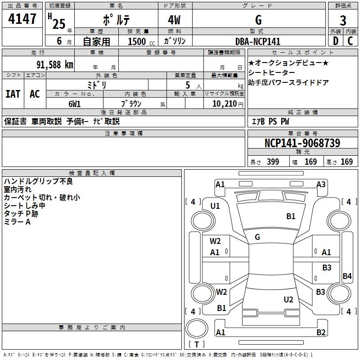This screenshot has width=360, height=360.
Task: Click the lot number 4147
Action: tap(22, 19)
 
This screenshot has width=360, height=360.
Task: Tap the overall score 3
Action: tap(343, 21)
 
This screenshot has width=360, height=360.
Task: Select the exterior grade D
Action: tap(336, 41)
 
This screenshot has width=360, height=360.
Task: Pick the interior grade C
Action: tap(350, 41)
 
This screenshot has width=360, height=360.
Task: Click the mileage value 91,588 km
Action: tap(55, 65)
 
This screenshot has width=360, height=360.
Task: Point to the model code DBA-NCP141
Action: tap(258, 41)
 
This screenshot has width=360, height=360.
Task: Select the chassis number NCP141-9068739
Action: tap(302, 143)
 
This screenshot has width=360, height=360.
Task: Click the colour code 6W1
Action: tap(75, 104)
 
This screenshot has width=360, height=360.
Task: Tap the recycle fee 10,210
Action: tap(225, 104)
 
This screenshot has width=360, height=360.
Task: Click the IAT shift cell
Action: tap(13, 94)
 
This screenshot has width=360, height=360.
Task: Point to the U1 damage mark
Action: tap(215, 206)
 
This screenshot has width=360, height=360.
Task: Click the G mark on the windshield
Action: tap(257, 237)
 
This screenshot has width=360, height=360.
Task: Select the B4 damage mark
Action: tap(347, 276)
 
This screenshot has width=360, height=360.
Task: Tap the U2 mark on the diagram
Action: tap(288, 300)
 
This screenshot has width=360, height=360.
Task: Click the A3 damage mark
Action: tap(321, 184)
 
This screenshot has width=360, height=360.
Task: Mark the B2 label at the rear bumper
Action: tap(321, 332)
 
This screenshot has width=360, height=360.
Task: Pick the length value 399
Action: tap(273, 162)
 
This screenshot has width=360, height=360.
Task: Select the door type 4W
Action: tap(174, 20)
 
